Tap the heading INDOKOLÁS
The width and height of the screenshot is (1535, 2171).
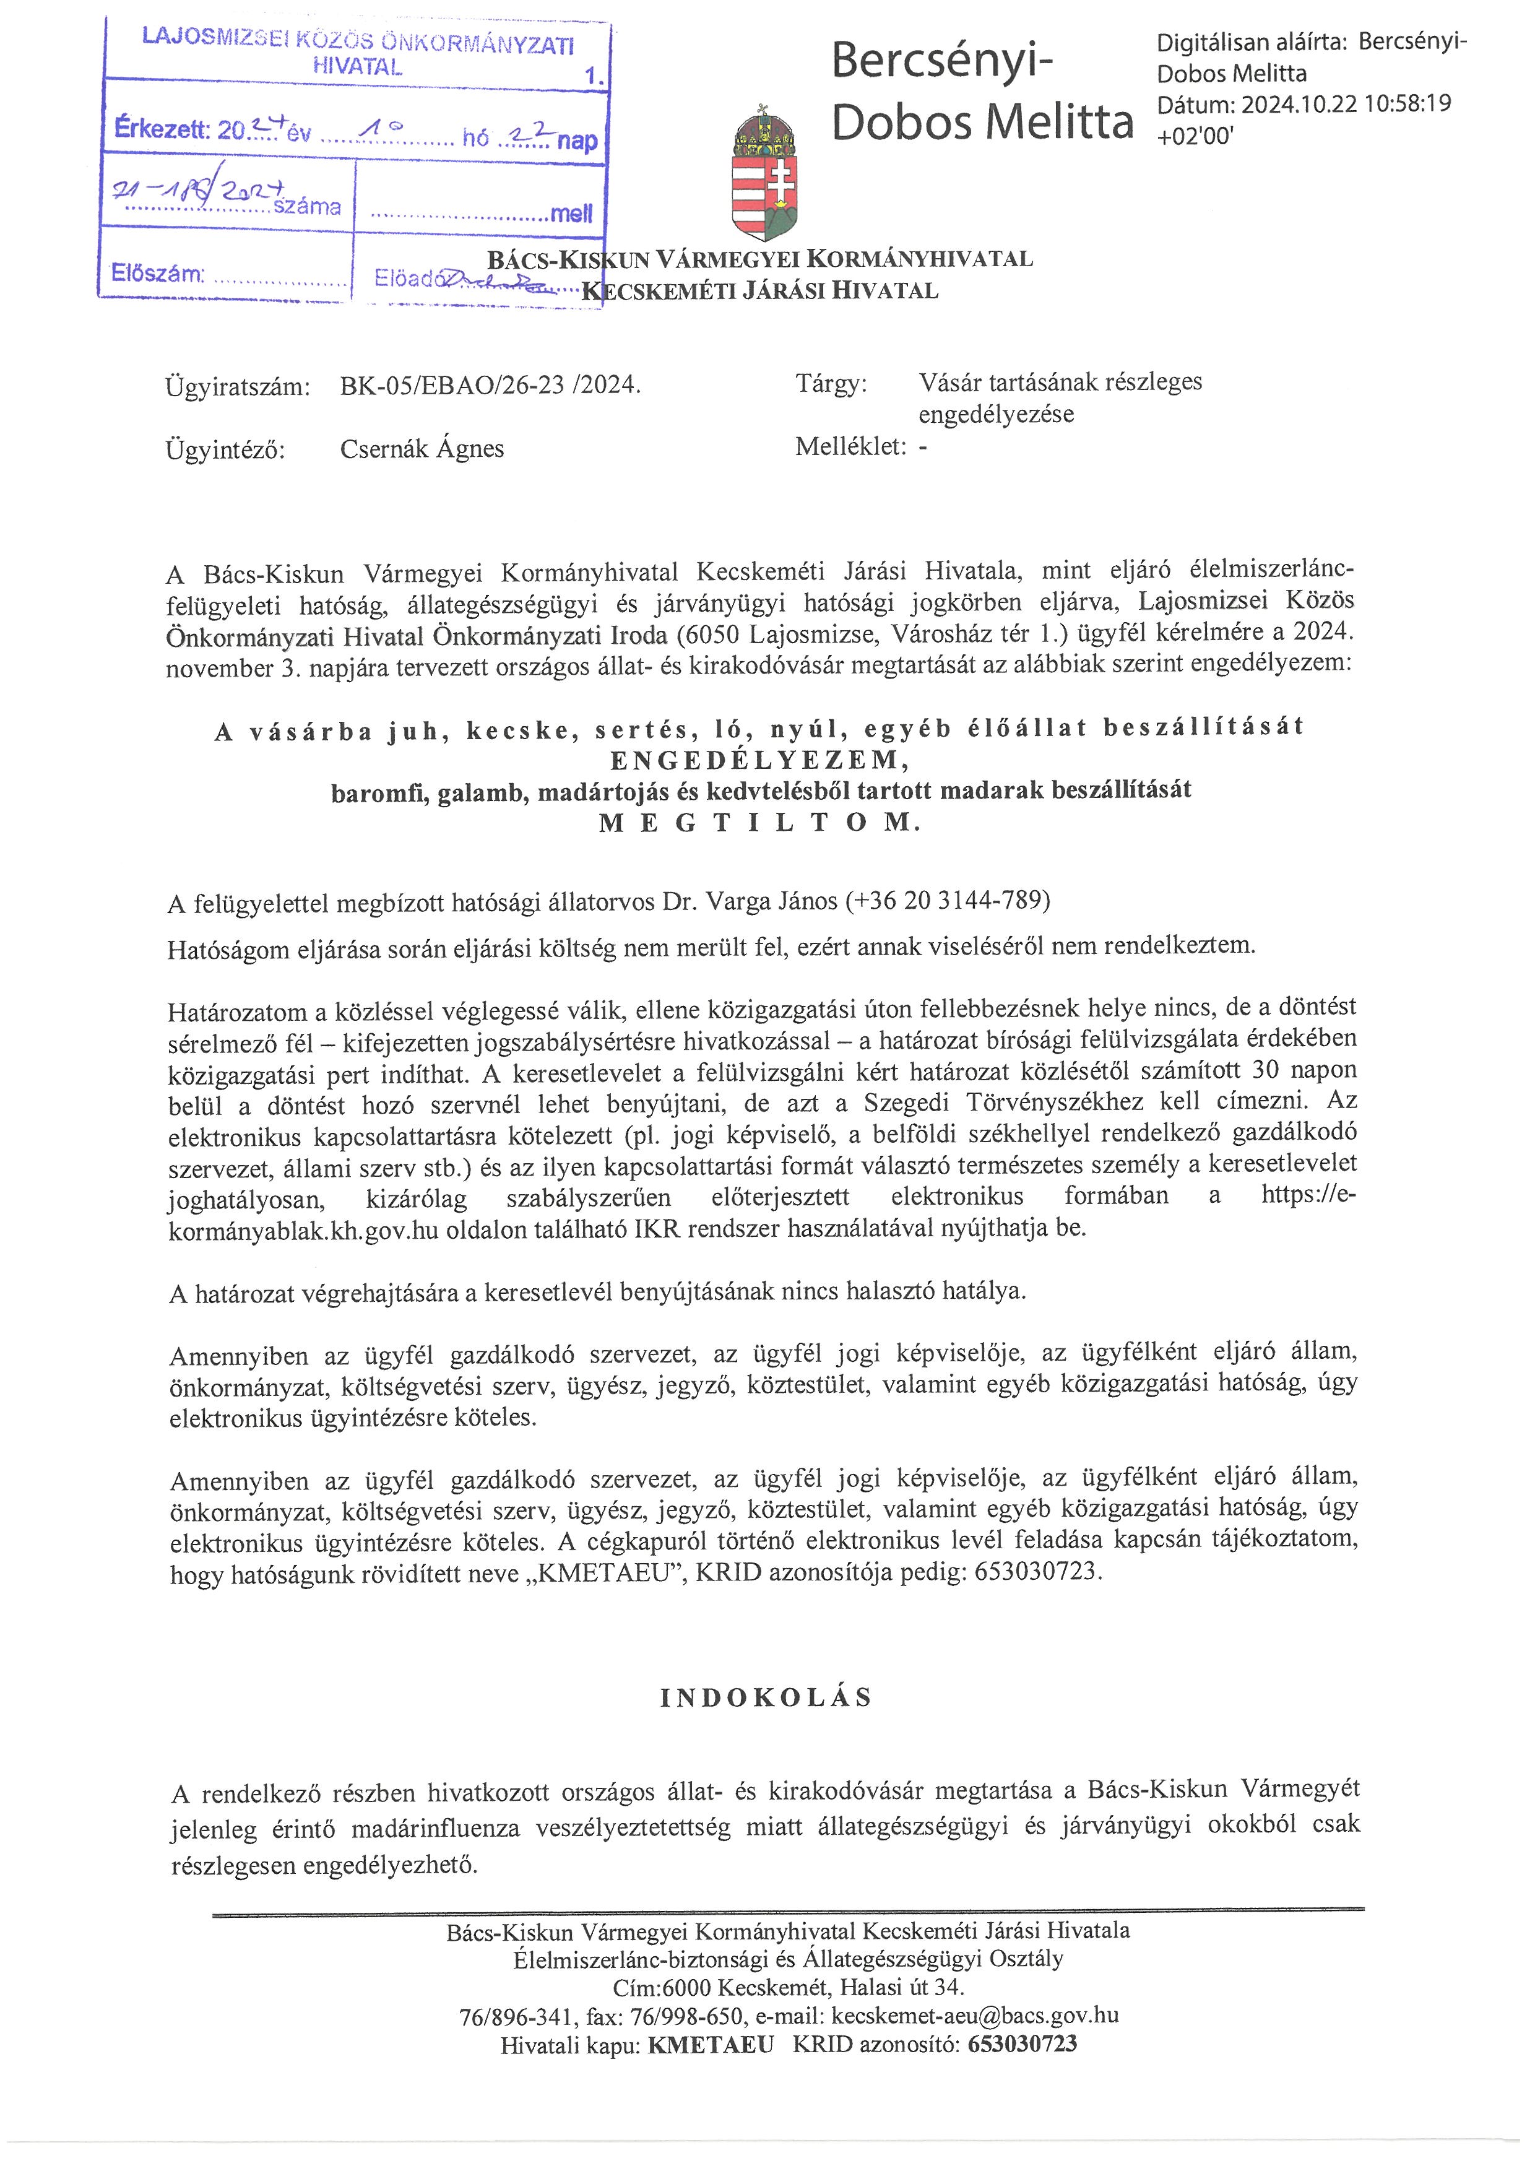pyautogui.click(x=766, y=1698)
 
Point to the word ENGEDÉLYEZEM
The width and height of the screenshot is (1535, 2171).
pyautogui.click(x=760, y=760)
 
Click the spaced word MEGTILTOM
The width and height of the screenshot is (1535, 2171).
pyautogui.click(x=760, y=823)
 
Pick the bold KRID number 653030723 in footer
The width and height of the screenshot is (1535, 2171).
pyautogui.click(x=1022, y=2044)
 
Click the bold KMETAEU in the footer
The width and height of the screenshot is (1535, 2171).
pyautogui.click(x=711, y=2044)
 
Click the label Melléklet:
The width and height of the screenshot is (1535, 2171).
pyautogui.click(x=850, y=447)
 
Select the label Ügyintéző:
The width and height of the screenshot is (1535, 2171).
pyautogui.click(x=225, y=450)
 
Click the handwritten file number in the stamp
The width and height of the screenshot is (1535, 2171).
pyautogui.click(x=199, y=191)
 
